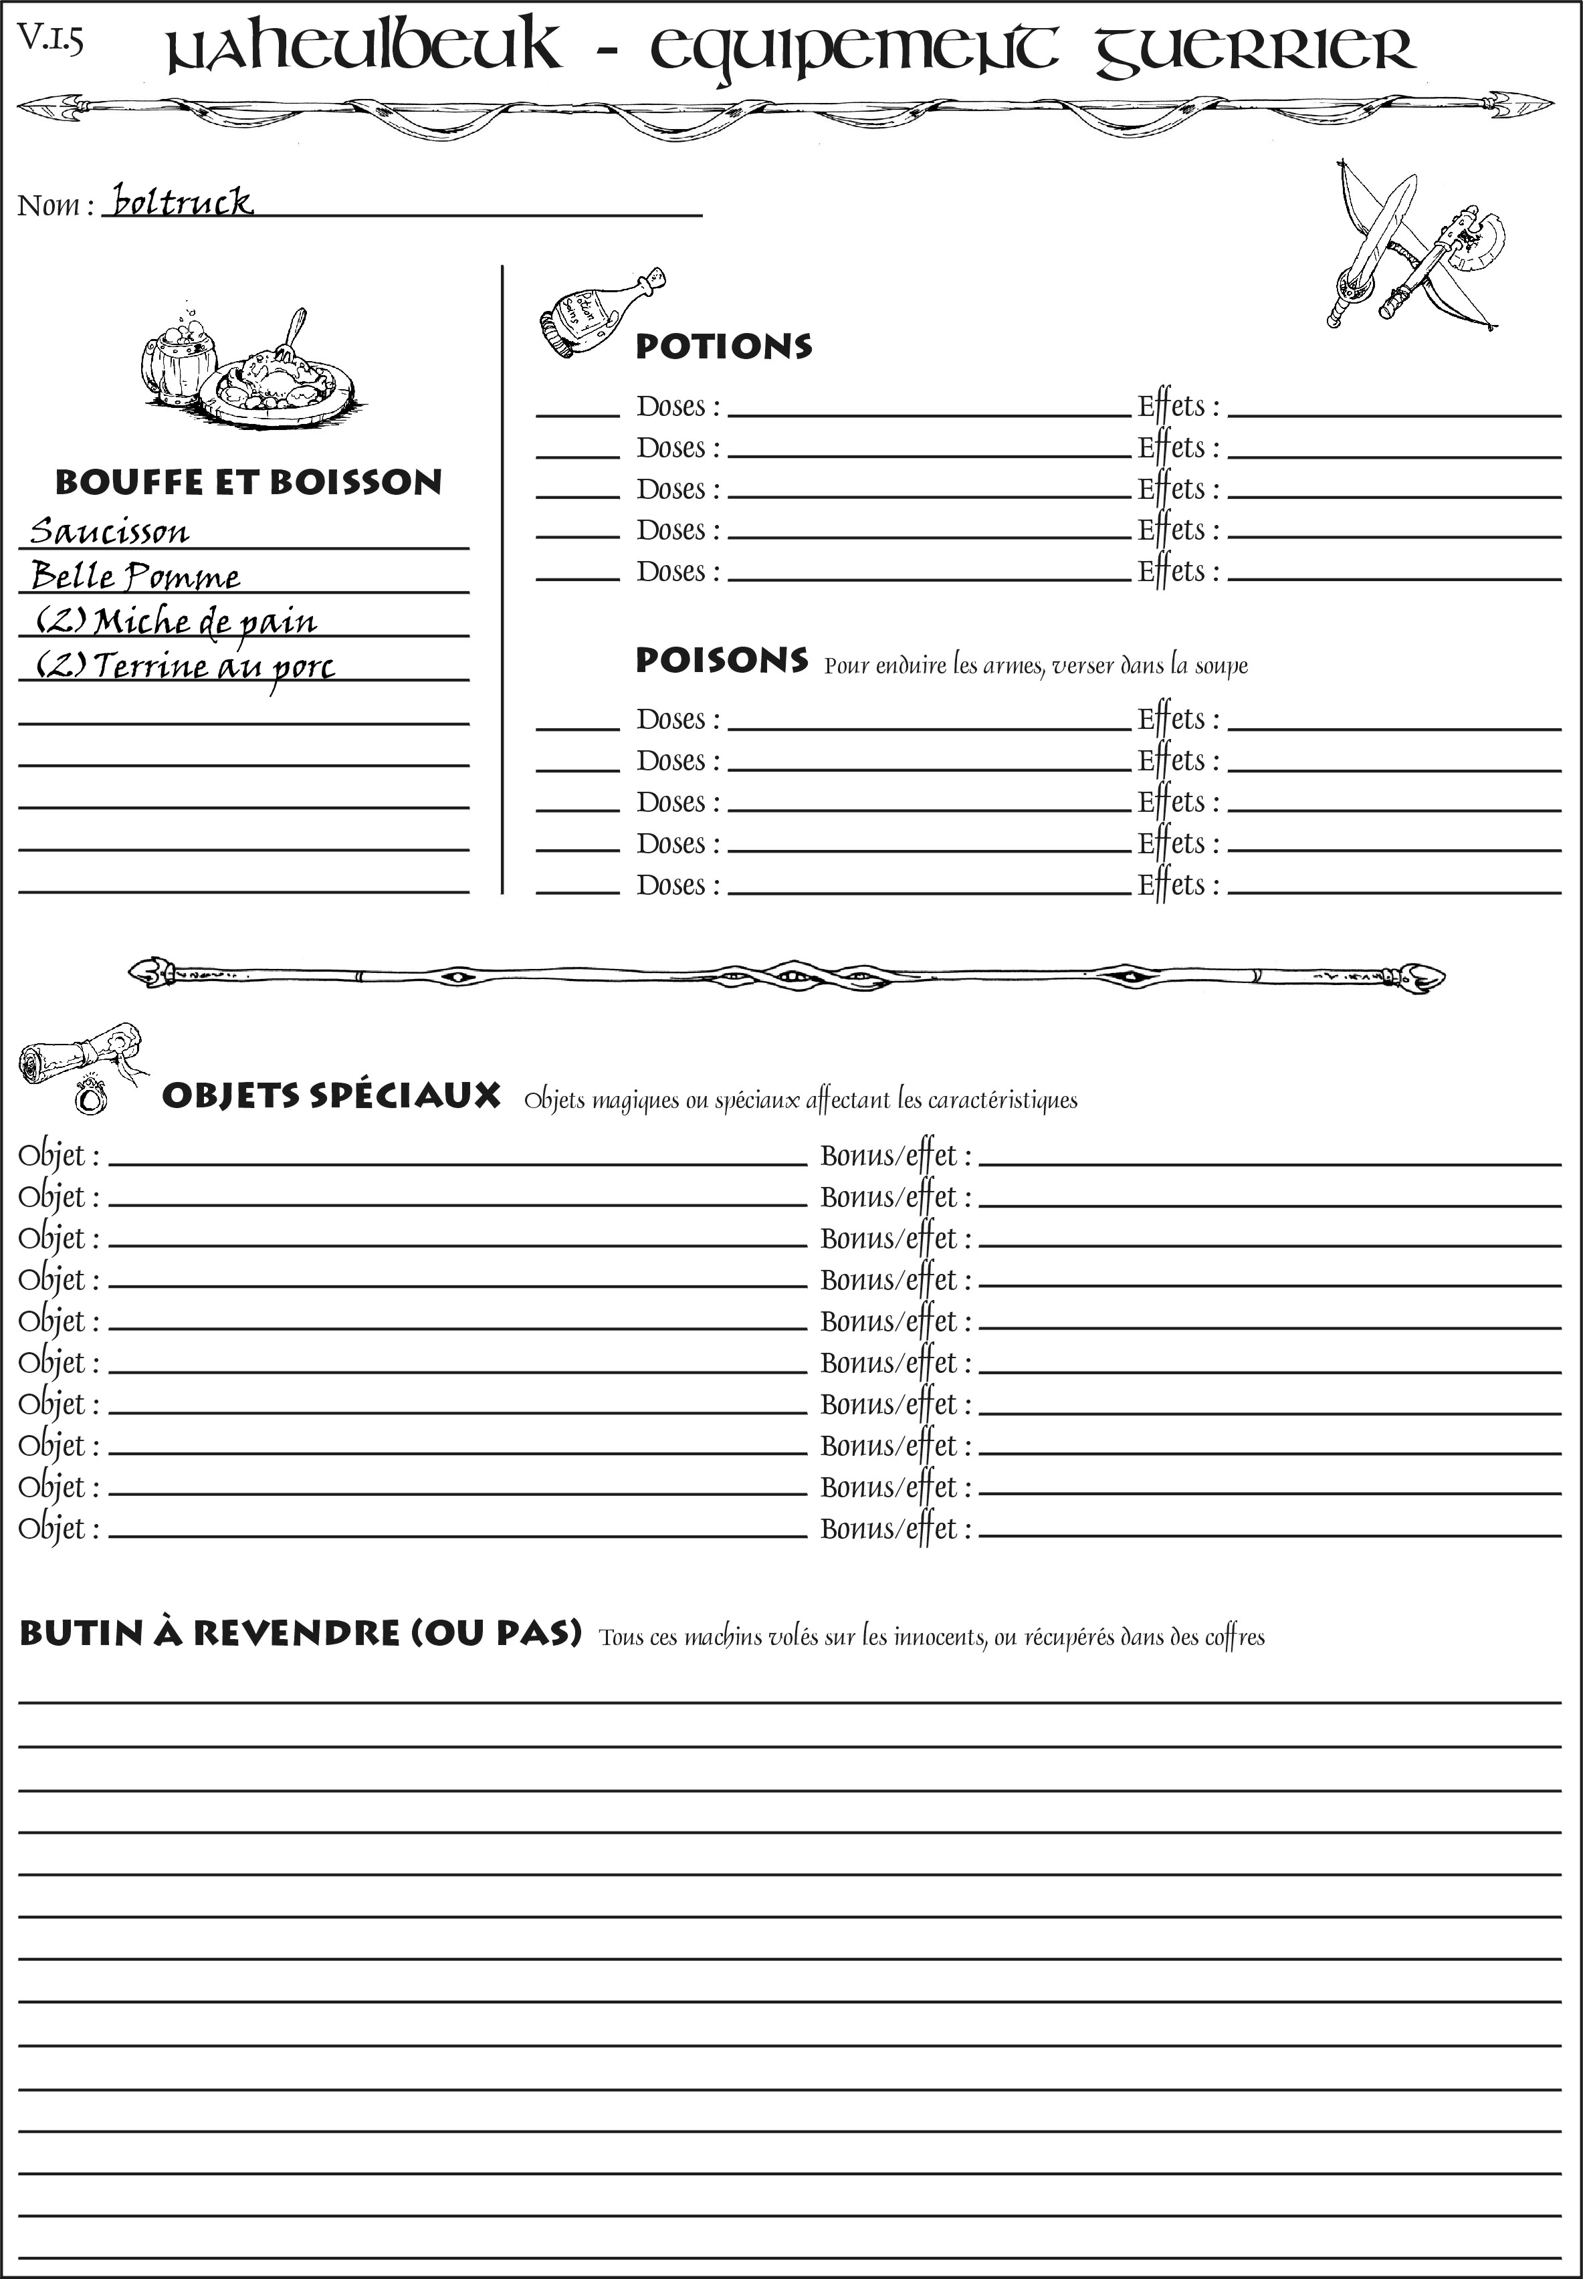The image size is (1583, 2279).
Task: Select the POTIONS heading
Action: [723, 346]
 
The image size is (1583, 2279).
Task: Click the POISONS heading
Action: [721, 661]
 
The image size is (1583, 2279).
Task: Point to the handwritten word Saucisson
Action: [109, 532]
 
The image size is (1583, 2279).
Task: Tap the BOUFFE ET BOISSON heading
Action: [248, 482]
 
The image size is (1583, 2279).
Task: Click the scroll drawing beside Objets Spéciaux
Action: [80, 1053]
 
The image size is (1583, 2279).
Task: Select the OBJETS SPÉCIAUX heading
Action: [330, 1096]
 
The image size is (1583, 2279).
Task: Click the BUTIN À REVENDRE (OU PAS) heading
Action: [300, 1632]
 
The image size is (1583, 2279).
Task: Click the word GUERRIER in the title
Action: [1254, 49]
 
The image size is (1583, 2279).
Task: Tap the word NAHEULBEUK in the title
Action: [362, 49]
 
